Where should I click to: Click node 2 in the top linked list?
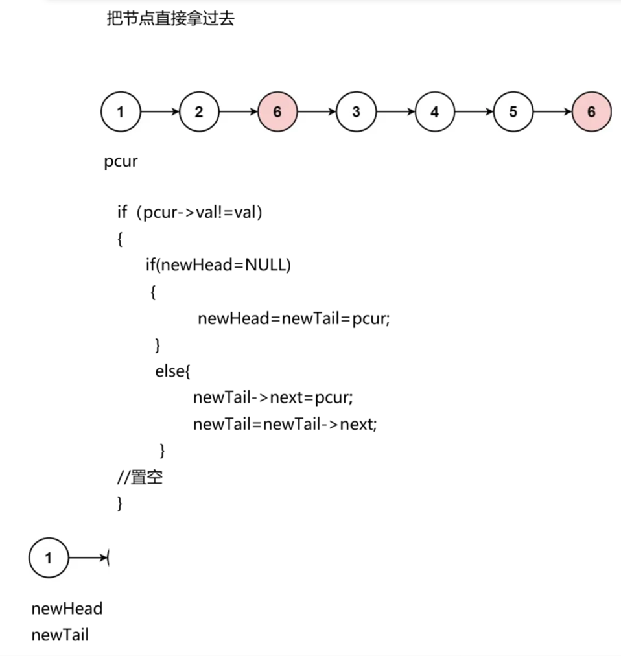198,112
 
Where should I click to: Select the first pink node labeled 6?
277,112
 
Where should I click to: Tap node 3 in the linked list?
356,112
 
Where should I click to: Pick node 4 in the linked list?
434,112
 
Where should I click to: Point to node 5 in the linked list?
513,112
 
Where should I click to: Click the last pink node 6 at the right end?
591,112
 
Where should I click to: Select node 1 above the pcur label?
120,112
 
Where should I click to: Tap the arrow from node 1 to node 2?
159,112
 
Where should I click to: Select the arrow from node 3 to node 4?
395,112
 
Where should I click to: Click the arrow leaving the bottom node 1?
88,557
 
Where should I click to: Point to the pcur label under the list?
121,161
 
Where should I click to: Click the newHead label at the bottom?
67,609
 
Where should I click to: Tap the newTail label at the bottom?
60,635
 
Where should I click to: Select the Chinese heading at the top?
170,19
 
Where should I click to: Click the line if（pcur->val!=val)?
189,213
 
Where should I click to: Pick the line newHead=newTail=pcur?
294,319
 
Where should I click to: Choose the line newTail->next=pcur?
273,397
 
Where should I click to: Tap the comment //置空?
139,478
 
